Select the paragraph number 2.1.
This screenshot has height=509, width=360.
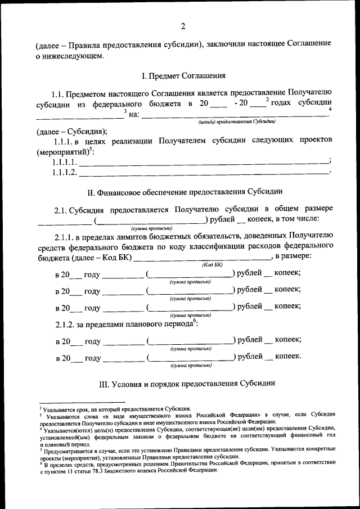click(x=62, y=210)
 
